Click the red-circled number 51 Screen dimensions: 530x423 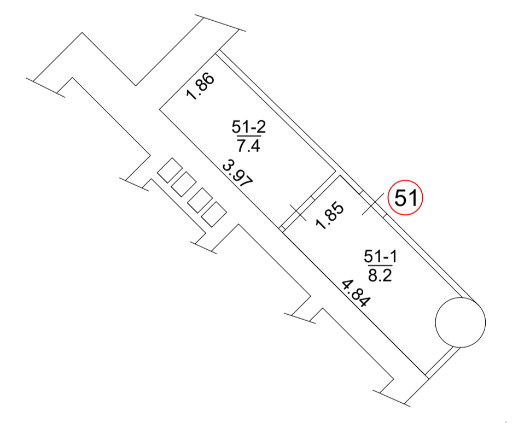[x=405, y=197]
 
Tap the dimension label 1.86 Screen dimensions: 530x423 [x=200, y=86]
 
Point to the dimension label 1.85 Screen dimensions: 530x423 [x=330, y=216]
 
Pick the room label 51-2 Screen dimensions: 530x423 [x=249, y=127]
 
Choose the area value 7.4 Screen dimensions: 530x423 [x=248, y=146]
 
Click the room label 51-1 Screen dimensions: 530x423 [x=380, y=256]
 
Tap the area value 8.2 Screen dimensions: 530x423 [x=380, y=275]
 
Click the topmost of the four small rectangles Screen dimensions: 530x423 [x=170, y=170]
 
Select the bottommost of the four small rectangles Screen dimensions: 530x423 [x=214, y=214]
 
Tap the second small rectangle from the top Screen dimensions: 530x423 [x=184, y=184]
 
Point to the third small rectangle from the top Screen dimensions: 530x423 [x=200, y=200]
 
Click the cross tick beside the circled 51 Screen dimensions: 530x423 [x=373, y=203]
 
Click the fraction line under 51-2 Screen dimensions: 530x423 [x=249, y=136]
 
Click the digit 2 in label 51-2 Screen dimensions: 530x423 [x=261, y=127]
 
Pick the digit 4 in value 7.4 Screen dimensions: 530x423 [x=255, y=146]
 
